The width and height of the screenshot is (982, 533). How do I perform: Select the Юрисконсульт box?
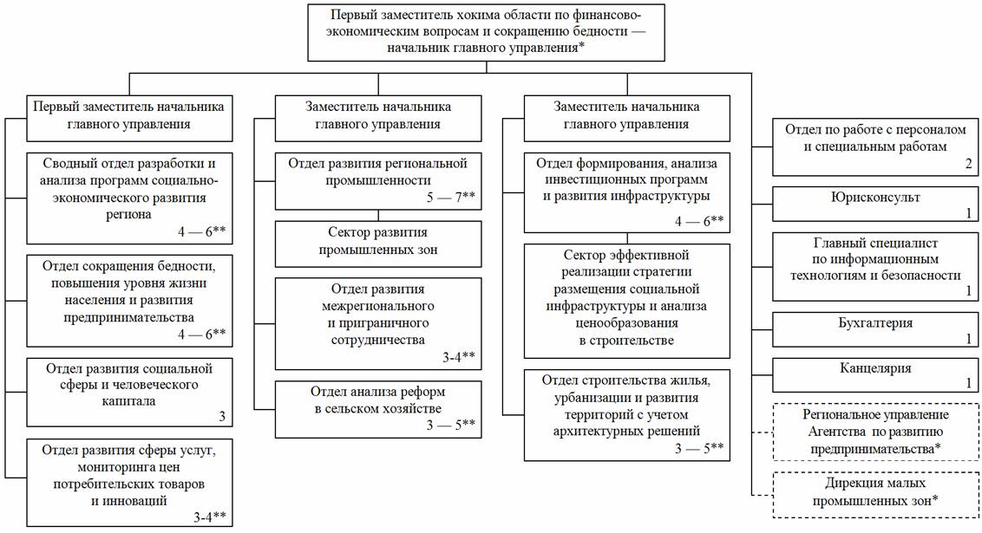pos(875,204)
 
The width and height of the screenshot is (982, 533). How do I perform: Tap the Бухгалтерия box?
pos(875,329)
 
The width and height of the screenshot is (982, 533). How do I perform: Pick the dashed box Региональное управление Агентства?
pos(875,432)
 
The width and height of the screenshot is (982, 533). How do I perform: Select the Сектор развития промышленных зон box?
pos(378,244)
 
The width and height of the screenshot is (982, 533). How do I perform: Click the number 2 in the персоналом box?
pos(967,163)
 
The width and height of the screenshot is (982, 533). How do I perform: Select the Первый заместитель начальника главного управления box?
pos(129,116)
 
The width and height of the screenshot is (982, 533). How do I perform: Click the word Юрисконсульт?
pos(875,198)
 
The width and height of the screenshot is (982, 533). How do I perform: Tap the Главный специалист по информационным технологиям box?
pos(875,265)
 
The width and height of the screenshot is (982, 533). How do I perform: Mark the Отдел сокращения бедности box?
pos(129,300)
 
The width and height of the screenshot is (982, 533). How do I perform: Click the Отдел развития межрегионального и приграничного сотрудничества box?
pos(378,323)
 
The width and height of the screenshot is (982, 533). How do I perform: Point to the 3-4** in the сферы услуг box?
pos(209,517)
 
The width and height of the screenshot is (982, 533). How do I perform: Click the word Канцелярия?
pos(875,368)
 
